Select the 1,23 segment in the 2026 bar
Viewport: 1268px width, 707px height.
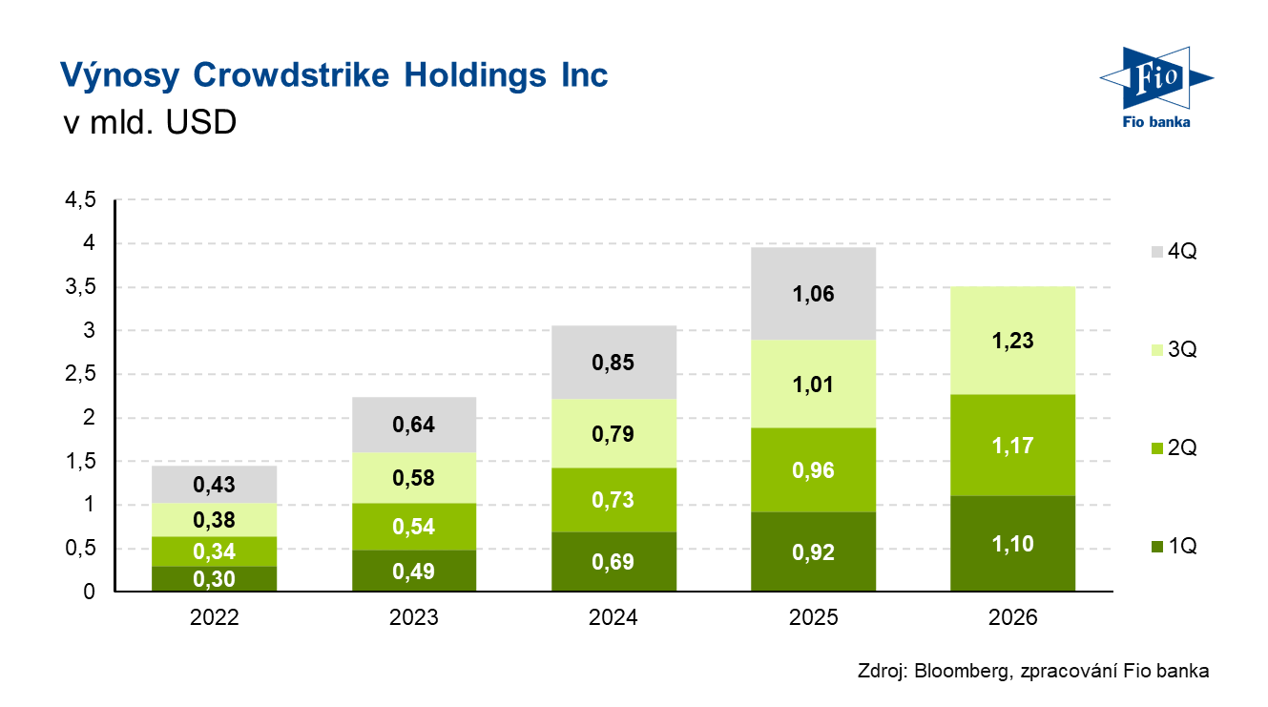click(x=1012, y=341)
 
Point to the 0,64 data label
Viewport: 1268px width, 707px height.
click(x=415, y=425)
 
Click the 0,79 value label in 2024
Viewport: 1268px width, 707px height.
click(x=613, y=434)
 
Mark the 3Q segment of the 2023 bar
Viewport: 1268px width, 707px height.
click(x=415, y=478)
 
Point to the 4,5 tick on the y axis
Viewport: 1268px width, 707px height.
click(x=80, y=200)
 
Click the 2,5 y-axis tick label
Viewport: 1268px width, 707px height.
click(x=80, y=374)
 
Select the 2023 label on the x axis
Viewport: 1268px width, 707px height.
click(x=414, y=618)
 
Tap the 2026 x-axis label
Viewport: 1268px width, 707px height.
click(x=1011, y=618)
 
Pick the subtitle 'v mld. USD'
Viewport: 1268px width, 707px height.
click(x=148, y=123)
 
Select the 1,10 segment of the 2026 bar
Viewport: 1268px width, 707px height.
click(x=1012, y=544)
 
